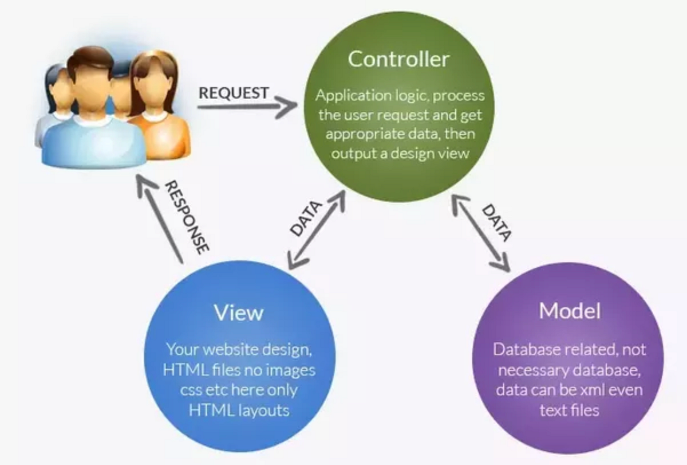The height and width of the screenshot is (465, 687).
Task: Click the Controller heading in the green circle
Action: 398,59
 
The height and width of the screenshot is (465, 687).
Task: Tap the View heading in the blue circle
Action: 239,312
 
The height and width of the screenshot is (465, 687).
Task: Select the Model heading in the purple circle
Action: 570,311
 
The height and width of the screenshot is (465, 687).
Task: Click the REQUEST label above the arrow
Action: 233,92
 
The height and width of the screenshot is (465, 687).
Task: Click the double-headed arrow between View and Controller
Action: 317,230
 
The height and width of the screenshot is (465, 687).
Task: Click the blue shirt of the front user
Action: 92,143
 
